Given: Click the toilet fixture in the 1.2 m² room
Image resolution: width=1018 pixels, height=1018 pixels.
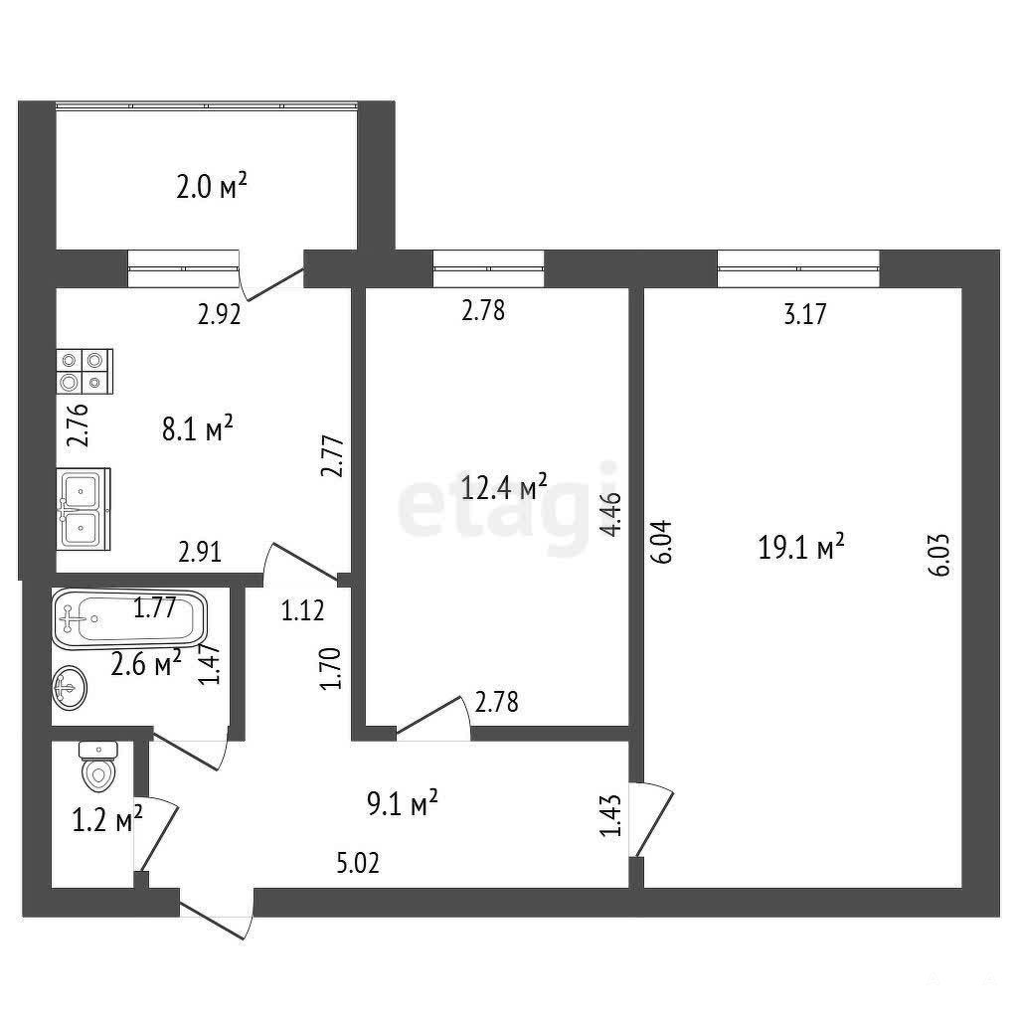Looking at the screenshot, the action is pyautogui.click(x=98, y=766).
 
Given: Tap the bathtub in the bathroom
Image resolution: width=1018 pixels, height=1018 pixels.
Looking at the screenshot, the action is pyautogui.click(x=129, y=619).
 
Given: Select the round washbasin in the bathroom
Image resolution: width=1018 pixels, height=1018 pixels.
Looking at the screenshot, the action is pyautogui.click(x=69, y=688).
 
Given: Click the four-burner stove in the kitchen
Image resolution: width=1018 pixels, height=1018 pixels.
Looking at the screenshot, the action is pyautogui.click(x=85, y=372).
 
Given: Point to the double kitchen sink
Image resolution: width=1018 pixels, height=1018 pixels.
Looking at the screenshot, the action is pyautogui.click(x=84, y=509).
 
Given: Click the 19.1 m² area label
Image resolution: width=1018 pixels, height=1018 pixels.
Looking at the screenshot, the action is pyautogui.click(x=801, y=547).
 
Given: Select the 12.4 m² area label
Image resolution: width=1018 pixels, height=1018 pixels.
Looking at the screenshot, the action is pyautogui.click(x=504, y=486).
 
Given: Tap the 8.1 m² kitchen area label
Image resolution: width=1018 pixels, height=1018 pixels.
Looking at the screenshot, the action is pyautogui.click(x=198, y=428).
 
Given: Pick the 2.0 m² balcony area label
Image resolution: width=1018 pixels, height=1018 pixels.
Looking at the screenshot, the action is pyautogui.click(x=212, y=187).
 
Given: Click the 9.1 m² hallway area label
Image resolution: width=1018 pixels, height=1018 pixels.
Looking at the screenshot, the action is pyautogui.click(x=403, y=803).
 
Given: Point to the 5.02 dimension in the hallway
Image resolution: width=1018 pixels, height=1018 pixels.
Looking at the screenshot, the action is pyautogui.click(x=358, y=864).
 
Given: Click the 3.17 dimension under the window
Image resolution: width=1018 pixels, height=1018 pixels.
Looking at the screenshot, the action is pyautogui.click(x=805, y=314).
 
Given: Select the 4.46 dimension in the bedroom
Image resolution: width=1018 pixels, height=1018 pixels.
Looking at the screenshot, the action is pyautogui.click(x=611, y=514).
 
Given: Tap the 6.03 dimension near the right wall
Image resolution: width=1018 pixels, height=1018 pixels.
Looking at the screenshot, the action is pyautogui.click(x=940, y=554).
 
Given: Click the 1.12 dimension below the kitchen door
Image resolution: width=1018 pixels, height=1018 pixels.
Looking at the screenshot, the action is pyautogui.click(x=302, y=610).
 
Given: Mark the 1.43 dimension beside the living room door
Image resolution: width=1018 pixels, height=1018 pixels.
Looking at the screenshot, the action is pyautogui.click(x=611, y=816).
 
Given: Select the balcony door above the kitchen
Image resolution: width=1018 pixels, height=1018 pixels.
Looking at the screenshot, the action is pyautogui.click(x=272, y=277).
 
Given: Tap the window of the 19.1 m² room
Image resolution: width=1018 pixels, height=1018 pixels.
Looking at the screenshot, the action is pyautogui.click(x=798, y=267).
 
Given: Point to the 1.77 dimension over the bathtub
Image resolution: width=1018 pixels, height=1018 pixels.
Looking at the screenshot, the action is pyautogui.click(x=154, y=608).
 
